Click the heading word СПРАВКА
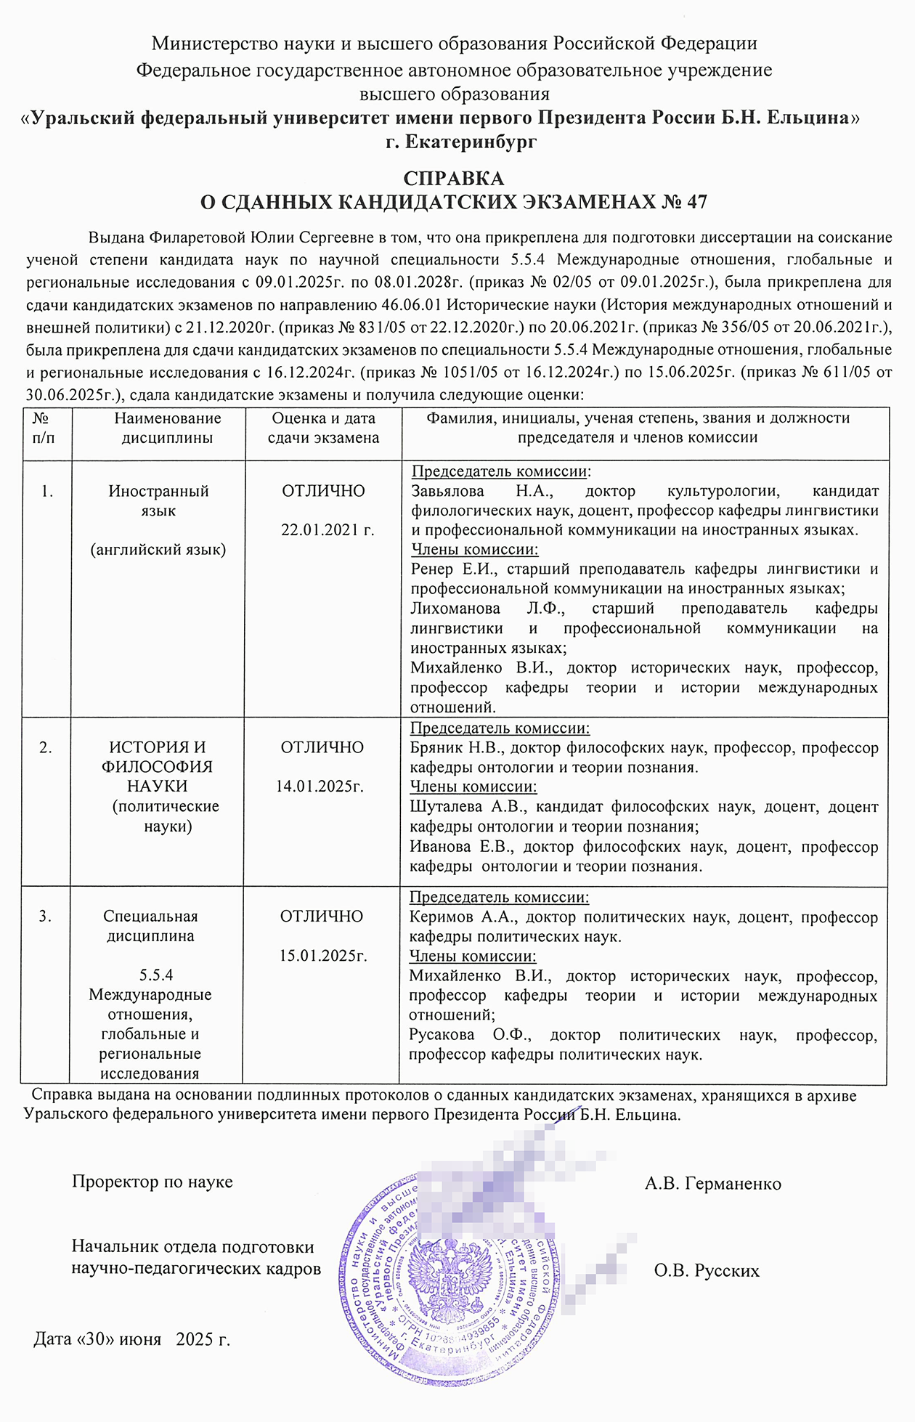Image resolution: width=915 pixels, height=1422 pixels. (453, 179)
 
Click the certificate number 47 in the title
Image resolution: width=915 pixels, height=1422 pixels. (696, 202)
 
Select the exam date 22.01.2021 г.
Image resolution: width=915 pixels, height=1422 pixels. (328, 530)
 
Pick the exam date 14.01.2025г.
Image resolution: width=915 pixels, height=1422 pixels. (320, 787)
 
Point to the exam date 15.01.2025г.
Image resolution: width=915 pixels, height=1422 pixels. (323, 956)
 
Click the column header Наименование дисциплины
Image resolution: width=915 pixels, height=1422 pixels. (167, 428)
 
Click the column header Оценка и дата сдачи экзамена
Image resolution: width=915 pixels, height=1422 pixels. (323, 428)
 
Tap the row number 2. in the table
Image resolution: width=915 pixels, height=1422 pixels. (45, 747)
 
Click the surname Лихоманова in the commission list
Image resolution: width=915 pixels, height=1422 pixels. (455, 609)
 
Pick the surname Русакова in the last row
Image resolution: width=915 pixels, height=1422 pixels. (442, 1035)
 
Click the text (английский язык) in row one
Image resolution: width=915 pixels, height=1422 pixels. (158, 550)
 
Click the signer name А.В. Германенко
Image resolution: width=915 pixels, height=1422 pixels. (712, 1184)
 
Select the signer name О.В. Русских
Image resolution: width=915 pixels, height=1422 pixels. (706, 1271)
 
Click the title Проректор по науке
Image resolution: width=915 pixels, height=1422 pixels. (152, 1182)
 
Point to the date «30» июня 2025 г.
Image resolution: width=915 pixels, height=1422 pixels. (131, 1339)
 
